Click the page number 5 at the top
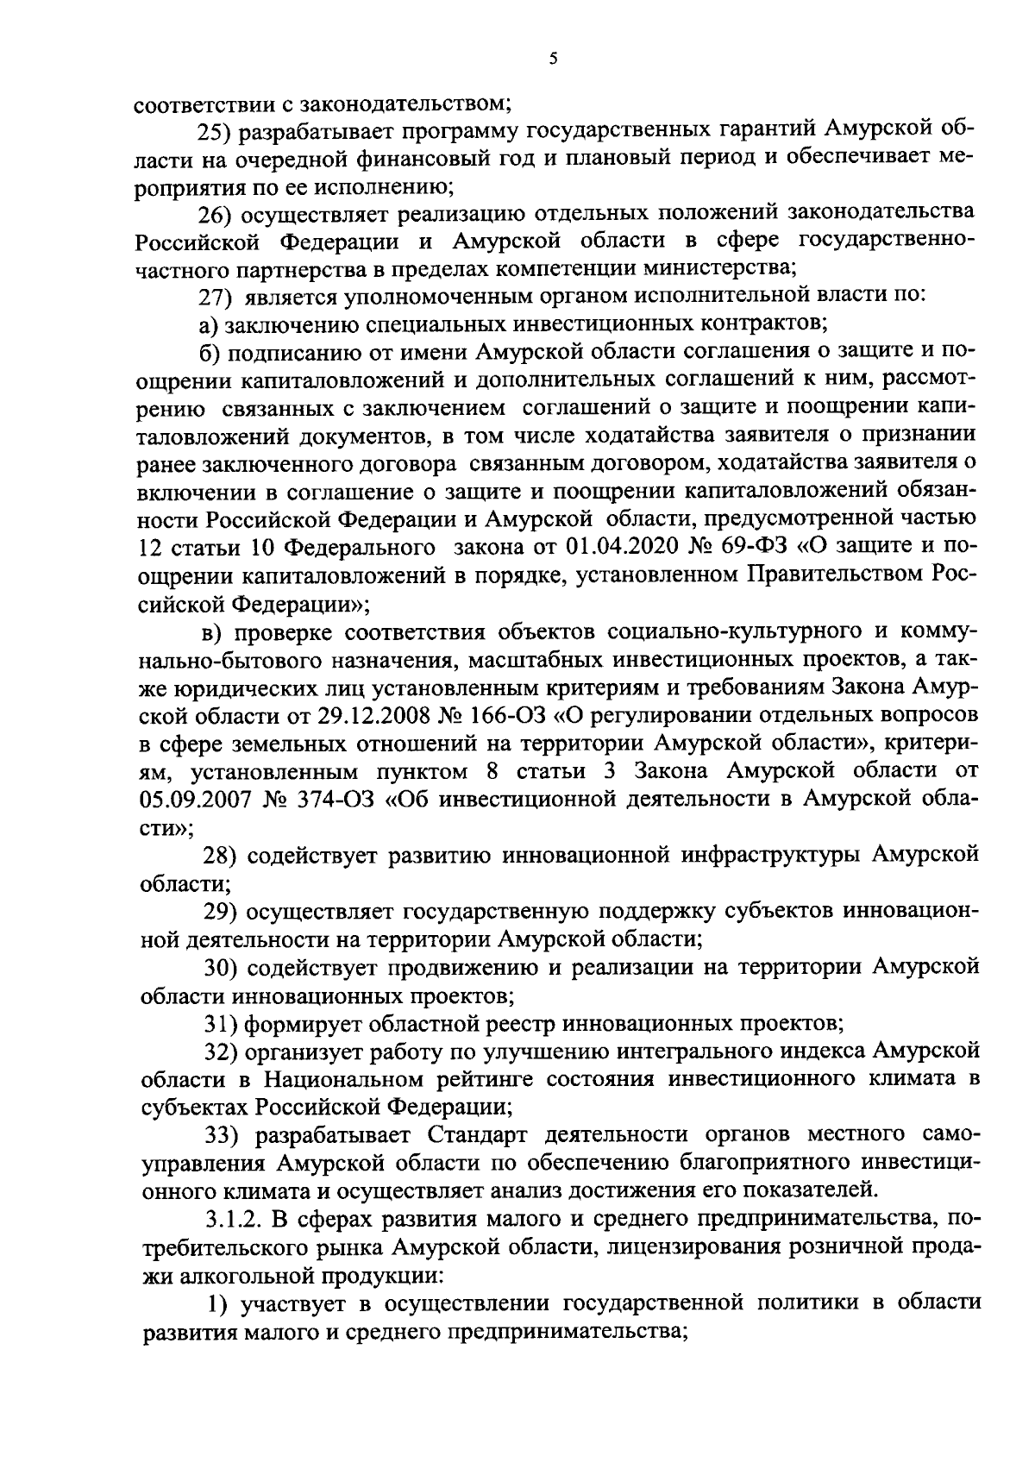click(x=553, y=60)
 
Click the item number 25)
click(x=216, y=131)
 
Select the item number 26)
click(x=216, y=213)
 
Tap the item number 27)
click(x=216, y=296)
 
